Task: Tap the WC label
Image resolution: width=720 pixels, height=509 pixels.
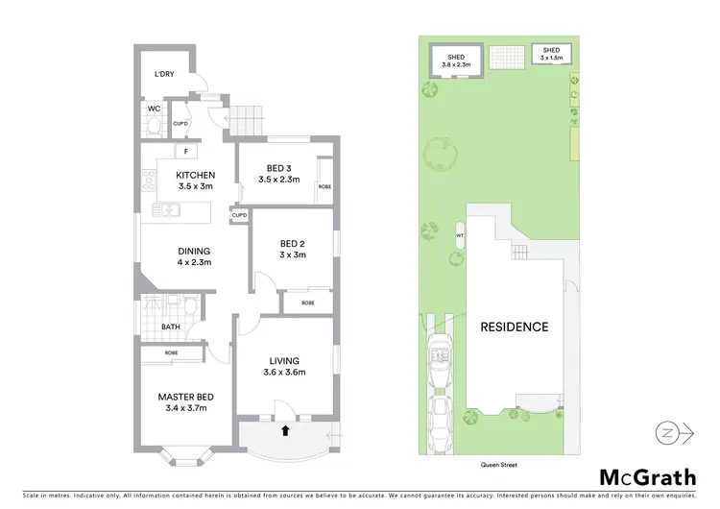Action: [154, 109]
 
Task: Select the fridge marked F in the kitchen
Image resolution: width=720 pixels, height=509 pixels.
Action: [185, 151]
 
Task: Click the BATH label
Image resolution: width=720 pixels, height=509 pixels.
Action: [170, 327]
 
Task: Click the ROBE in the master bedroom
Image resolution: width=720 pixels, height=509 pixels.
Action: [171, 352]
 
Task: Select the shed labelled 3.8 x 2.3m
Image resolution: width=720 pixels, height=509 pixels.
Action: [455, 61]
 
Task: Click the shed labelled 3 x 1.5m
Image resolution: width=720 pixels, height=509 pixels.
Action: [551, 53]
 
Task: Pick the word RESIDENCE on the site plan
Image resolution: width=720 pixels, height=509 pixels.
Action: [514, 327]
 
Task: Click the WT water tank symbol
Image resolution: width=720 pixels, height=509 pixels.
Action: [460, 235]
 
